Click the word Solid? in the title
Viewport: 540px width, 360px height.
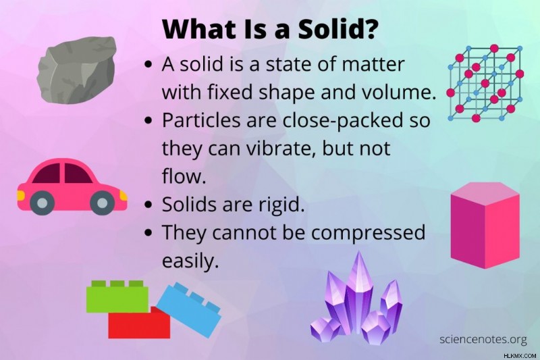(336, 29)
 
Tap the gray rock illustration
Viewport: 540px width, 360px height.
(76, 70)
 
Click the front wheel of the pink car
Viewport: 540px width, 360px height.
(102, 203)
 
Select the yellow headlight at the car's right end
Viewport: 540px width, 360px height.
(124, 196)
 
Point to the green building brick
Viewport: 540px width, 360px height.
(117, 297)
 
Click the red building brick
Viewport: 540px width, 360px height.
(139, 323)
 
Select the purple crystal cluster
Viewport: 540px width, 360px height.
(356, 299)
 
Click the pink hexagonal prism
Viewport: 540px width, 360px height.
(485, 226)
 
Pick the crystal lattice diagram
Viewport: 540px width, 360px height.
(485, 83)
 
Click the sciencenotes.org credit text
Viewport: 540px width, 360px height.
(483, 339)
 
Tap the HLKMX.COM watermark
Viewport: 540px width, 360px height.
(520, 355)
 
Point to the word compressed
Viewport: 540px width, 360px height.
(368, 233)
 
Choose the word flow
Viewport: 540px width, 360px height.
(184, 176)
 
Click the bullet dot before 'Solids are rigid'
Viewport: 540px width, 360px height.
(148, 205)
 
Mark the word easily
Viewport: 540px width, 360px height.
(190, 261)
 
